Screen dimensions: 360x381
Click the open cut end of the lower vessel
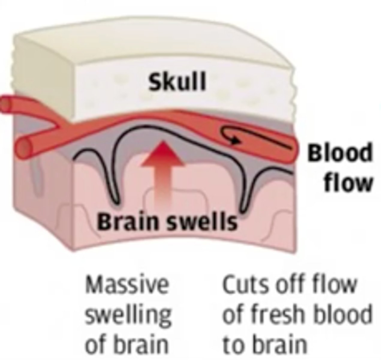(x=25, y=147)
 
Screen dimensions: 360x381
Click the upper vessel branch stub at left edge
(x=4, y=105)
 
